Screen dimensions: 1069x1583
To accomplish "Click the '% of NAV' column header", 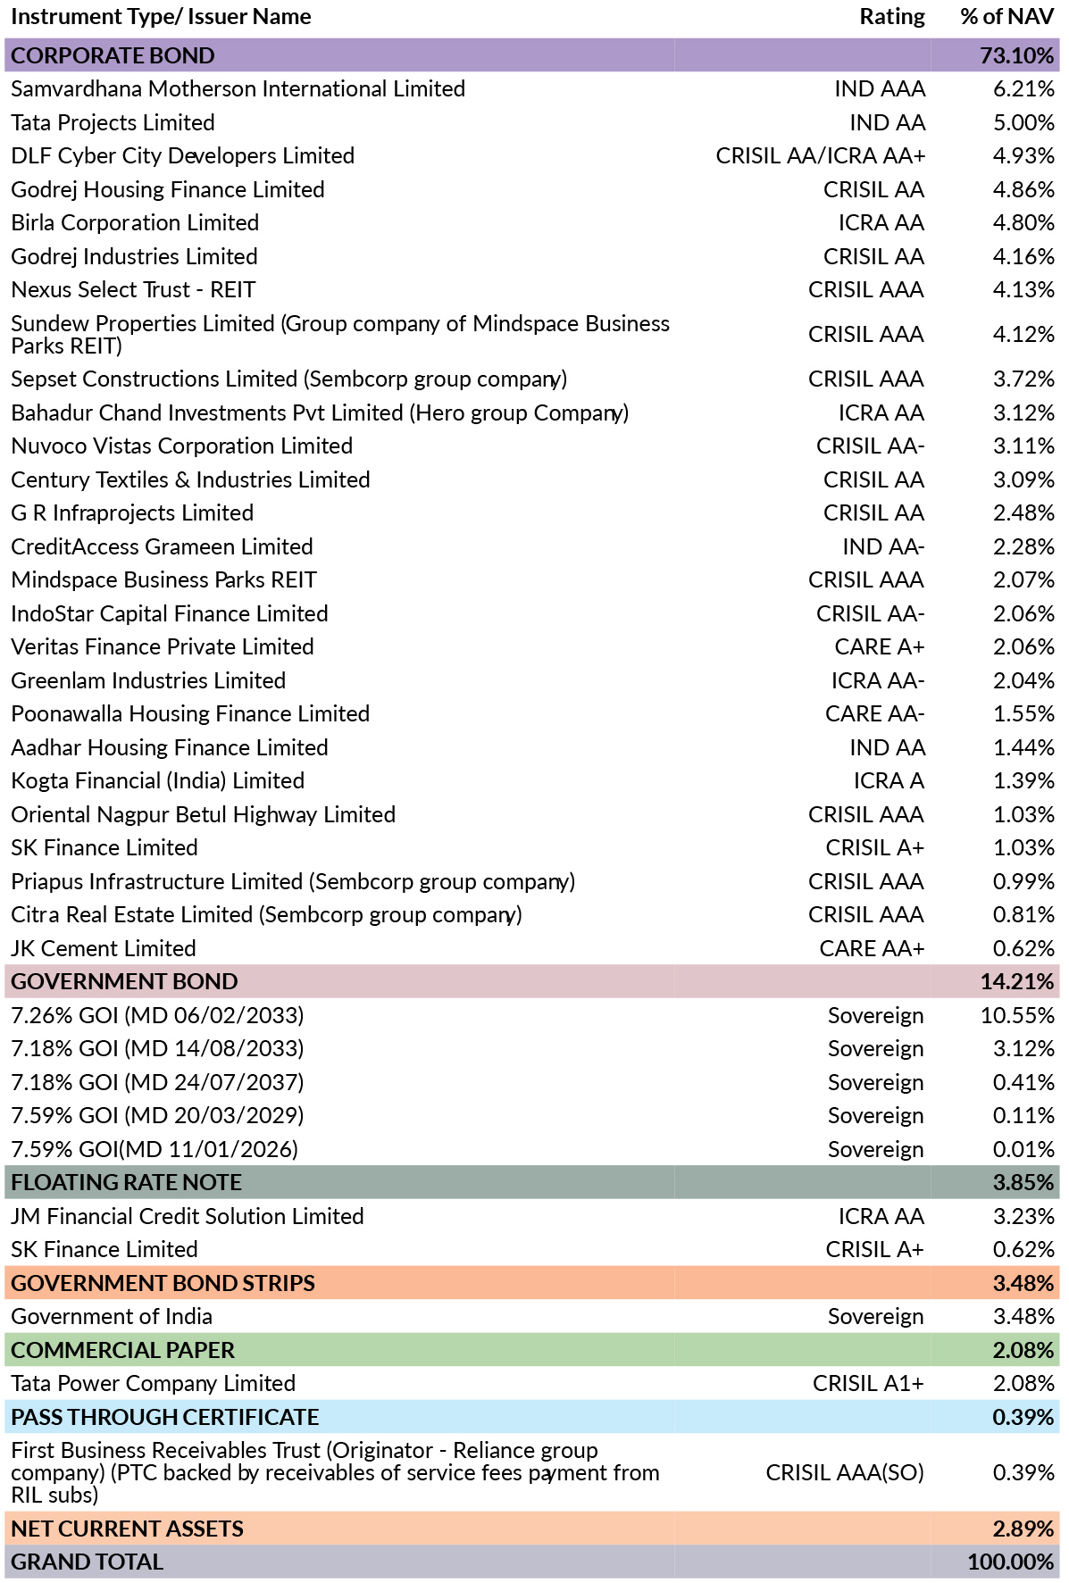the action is click(x=1007, y=17).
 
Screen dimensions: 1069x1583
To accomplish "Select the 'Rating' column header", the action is click(x=892, y=17).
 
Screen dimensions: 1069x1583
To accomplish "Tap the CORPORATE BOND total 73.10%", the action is click(x=1017, y=55).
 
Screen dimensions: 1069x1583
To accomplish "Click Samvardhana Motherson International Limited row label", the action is click(x=238, y=89).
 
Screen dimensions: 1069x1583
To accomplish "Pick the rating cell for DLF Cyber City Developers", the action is click(x=821, y=156).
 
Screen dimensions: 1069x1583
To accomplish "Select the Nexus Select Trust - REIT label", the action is click(x=134, y=290).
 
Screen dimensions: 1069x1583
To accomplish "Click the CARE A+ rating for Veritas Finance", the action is click(x=880, y=647).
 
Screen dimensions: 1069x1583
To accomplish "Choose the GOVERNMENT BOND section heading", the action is click(x=125, y=982).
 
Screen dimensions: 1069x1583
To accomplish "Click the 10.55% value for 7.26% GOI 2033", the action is click(x=1017, y=1015).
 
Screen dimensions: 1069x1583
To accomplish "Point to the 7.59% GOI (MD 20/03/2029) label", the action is click(x=158, y=1116).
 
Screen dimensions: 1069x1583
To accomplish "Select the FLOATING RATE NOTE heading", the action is click(x=127, y=1183).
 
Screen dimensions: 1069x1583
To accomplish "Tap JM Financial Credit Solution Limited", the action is click(x=188, y=1216).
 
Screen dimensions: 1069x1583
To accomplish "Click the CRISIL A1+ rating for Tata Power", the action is click(x=868, y=1384).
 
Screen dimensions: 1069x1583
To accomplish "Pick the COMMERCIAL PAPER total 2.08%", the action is click(x=1023, y=1350).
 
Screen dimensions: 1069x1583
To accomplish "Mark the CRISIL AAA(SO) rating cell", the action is click(x=845, y=1473).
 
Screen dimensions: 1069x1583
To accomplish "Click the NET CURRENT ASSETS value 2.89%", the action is click(x=1023, y=1529).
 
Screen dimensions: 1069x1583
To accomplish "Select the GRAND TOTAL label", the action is click(x=88, y=1562).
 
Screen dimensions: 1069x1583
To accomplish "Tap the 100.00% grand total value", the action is click(x=1011, y=1562).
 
